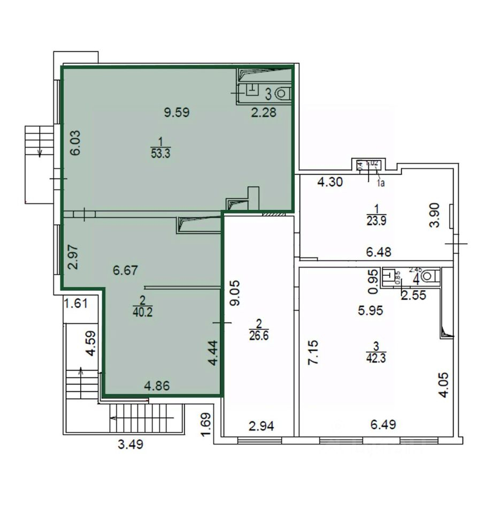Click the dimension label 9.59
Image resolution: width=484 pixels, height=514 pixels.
click(x=177, y=112)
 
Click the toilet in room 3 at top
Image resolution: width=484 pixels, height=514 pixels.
click(x=283, y=94)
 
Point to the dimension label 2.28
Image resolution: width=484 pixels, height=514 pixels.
click(x=264, y=112)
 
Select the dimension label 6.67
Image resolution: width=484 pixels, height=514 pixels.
click(x=126, y=271)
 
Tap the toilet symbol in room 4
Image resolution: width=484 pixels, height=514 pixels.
click(x=429, y=276)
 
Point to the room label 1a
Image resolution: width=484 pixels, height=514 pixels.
click(x=381, y=183)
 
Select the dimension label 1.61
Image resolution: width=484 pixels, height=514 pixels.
click(x=75, y=304)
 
